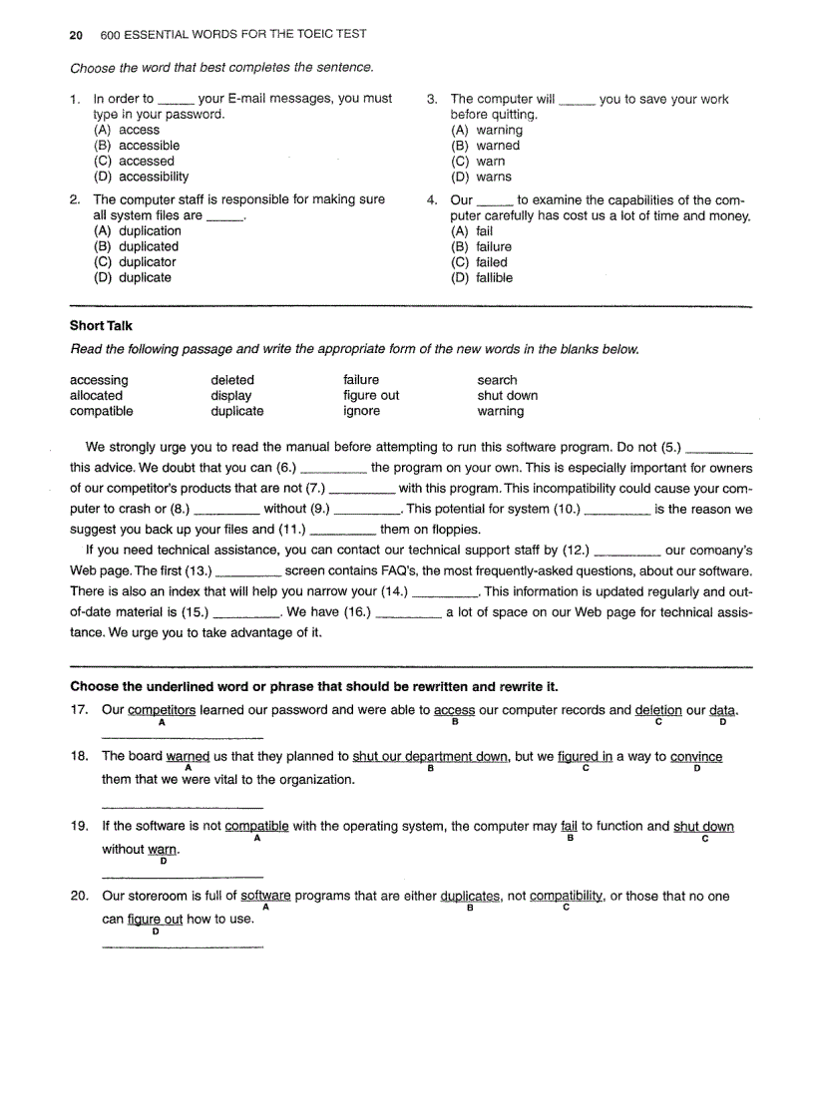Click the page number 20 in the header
pyautogui.click(x=76, y=34)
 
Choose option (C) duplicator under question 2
pyautogui.click(x=135, y=262)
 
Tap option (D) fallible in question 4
pyautogui.click(x=482, y=278)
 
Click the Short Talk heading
pyautogui.click(x=101, y=326)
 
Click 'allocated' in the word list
pyautogui.click(x=96, y=395)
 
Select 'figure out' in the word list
pyautogui.click(x=371, y=395)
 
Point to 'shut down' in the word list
pyautogui.click(x=507, y=395)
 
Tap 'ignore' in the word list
pyautogui.click(x=361, y=411)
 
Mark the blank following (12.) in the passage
pyautogui.click(x=626, y=551)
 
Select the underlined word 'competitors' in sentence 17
pyautogui.click(x=162, y=710)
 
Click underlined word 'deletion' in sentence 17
pyautogui.click(x=658, y=710)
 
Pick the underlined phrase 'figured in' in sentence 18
pyautogui.click(x=586, y=757)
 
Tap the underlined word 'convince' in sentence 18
pyautogui.click(x=696, y=757)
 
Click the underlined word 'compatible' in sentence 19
pyautogui.click(x=256, y=827)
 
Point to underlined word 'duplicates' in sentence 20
pyautogui.click(x=470, y=897)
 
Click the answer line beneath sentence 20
pyautogui.click(x=183, y=944)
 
